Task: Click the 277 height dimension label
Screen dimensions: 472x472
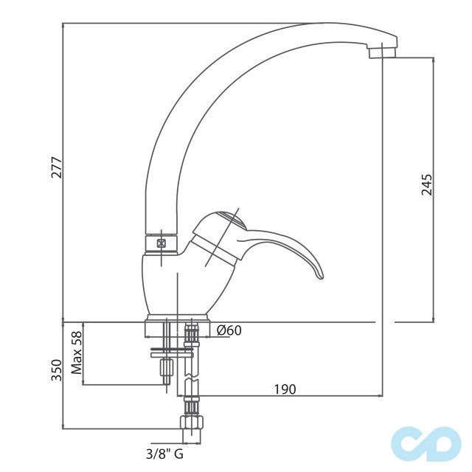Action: (x=57, y=167)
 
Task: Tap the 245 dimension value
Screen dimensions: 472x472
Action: (x=426, y=184)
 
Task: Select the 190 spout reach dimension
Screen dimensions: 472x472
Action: (x=285, y=389)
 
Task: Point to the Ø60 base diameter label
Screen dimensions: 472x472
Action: (x=229, y=330)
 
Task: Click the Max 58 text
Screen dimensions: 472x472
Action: (x=77, y=353)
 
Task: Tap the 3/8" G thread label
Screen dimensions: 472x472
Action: (x=164, y=454)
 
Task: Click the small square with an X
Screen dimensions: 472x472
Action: (x=162, y=243)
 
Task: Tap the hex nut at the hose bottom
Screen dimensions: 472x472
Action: (x=192, y=423)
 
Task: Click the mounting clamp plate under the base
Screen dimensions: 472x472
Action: (x=172, y=353)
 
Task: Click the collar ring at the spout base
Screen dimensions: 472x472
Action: (x=162, y=243)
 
